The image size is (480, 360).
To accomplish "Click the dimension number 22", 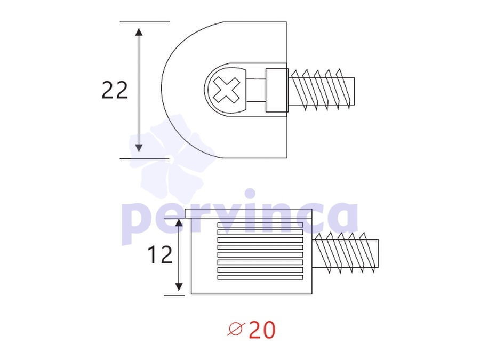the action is pos(115,90).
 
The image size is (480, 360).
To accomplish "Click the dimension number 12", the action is pos(160,255).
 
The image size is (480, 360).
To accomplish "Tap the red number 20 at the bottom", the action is pos(262,330).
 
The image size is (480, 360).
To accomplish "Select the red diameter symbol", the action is pos(236,330).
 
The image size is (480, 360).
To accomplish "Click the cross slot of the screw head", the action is pos(227,90).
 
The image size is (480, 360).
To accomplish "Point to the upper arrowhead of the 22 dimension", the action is pos(139,32).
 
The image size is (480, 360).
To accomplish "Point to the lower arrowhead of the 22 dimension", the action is pos(139,148).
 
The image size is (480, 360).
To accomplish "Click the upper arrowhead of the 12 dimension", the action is pos(179,222).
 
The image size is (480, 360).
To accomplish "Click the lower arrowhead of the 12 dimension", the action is pos(179,287).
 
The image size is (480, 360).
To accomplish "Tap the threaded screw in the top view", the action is pos(322,90).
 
